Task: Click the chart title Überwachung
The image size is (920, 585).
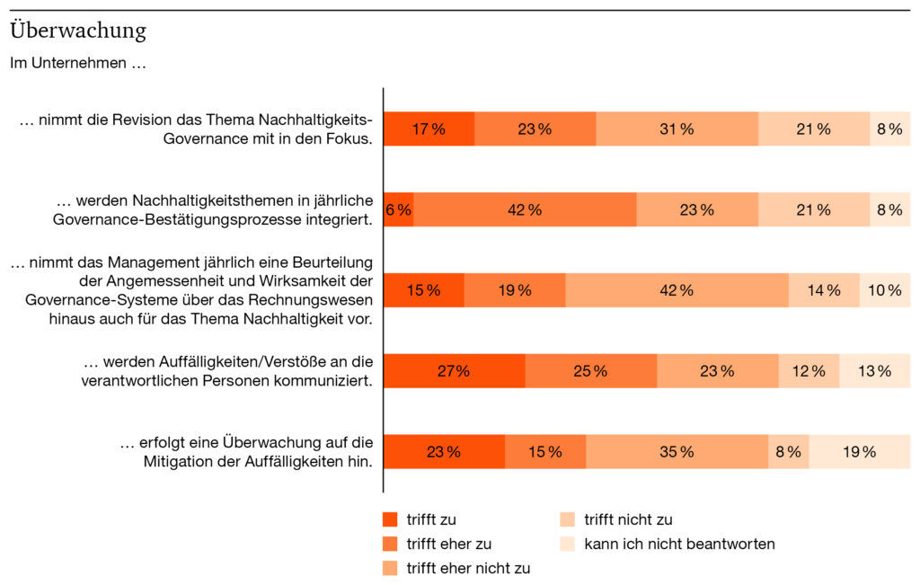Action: pos(78,31)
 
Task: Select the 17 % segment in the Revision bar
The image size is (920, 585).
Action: pos(429,129)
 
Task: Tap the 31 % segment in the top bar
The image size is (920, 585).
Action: pos(677,129)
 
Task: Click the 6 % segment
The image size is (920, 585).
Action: pos(399,209)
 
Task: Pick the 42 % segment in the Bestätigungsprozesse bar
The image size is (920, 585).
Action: pos(525,209)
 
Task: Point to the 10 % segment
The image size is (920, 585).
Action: pos(884,290)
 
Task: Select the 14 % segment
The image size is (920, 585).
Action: pos(823,290)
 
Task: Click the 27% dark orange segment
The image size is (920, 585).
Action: pos(454,371)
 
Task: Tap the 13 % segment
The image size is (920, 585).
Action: pos(874,371)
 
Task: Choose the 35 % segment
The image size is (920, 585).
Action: pos(677,452)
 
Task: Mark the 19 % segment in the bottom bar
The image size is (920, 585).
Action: pos(859,452)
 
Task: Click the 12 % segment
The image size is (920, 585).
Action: pos(808,371)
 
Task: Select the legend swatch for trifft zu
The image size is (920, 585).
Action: pos(390,519)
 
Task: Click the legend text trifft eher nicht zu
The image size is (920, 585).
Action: pos(468,568)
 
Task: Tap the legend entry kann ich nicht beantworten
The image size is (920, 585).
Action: pos(679,544)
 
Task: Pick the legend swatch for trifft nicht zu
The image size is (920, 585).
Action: pos(567,519)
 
